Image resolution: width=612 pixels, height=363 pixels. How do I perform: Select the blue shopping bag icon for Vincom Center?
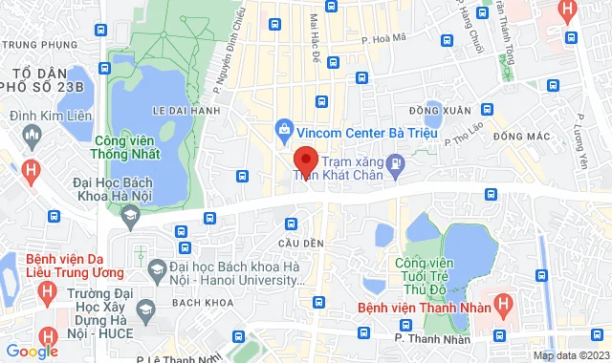(283, 129)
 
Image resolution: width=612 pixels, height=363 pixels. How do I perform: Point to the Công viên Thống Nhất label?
(127, 146)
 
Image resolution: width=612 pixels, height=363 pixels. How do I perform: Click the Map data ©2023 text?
(570, 356)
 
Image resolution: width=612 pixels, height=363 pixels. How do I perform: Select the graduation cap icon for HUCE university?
(145, 310)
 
